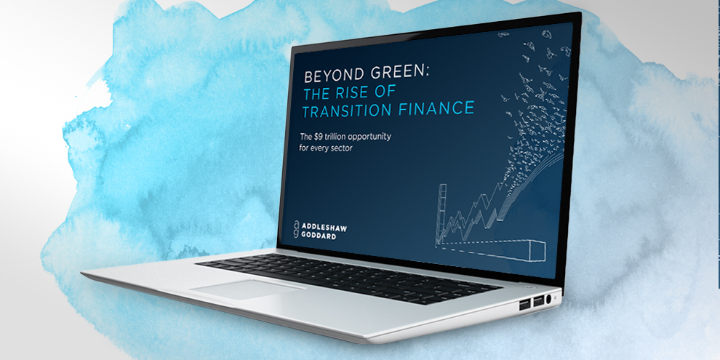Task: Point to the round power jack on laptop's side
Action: click(x=550, y=299)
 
